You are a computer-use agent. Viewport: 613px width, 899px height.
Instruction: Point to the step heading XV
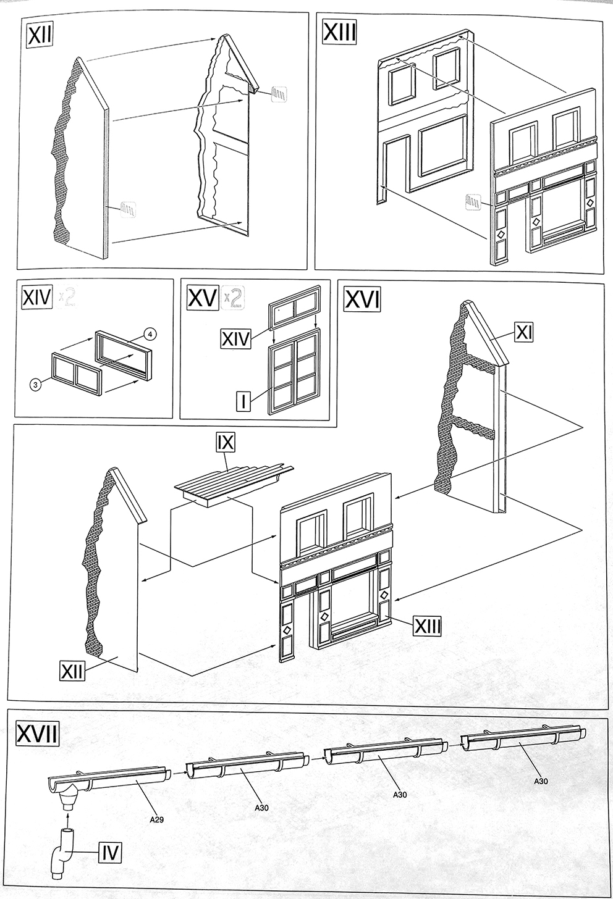click(x=202, y=298)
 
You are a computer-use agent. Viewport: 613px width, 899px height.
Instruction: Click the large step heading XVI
click(x=361, y=301)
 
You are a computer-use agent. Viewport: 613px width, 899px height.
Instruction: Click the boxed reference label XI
click(x=523, y=333)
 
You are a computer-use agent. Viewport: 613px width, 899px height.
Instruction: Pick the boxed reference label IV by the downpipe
click(x=109, y=854)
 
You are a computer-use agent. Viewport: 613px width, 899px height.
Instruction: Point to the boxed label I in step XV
click(x=243, y=402)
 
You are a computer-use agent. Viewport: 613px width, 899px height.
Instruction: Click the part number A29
click(x=157, y=820)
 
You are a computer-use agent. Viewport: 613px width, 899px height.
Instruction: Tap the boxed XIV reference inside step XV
click(x=235, y=338)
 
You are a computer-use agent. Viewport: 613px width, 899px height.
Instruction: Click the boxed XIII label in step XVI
click(x=427, y=626)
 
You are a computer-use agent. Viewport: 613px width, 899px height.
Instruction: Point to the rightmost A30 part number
click(x=541, y=782)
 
